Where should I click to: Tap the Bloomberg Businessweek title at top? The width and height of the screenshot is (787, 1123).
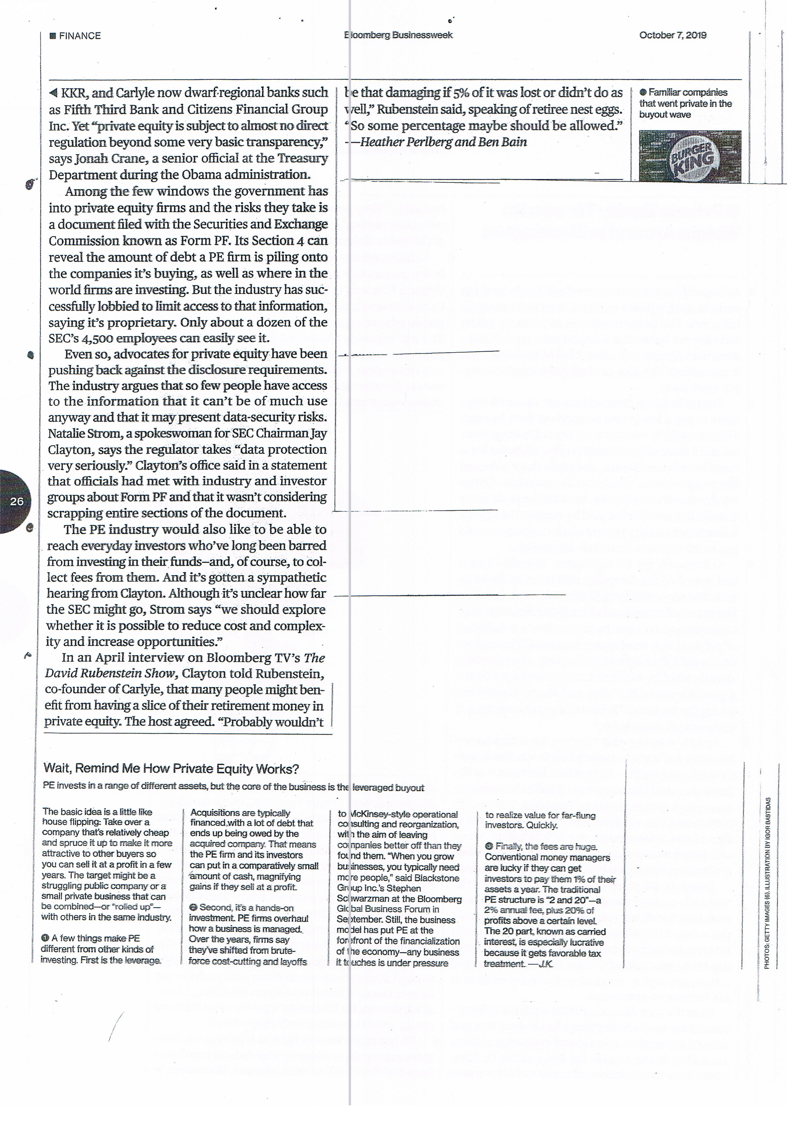pyautogui.click(x=398, y=35)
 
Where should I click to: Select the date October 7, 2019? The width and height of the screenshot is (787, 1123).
pyautogui.click(x=673, y=35)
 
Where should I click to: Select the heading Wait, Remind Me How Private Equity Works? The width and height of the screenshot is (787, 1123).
pyautogui.click(x=171, y=768)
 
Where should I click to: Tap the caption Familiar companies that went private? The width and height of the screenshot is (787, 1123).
pyautogui.click(x=685, y=103)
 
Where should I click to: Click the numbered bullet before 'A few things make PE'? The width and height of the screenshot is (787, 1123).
pyautogui.click(x=45, y=938)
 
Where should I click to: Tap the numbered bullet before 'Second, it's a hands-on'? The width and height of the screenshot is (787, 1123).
pyautogui.click(x=193, y=907)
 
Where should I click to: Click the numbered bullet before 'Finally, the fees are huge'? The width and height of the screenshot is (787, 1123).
pyautogui.click(x=489, y=846)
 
